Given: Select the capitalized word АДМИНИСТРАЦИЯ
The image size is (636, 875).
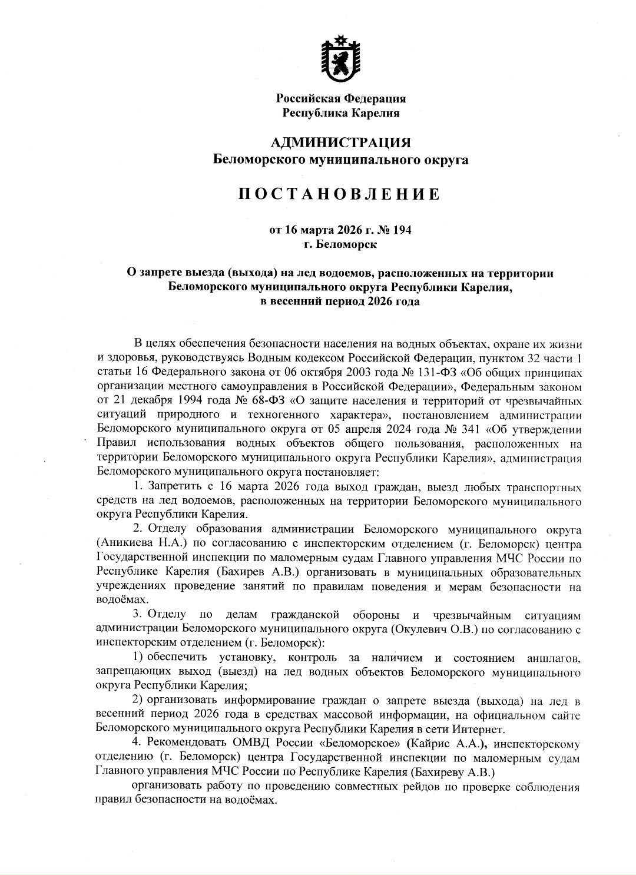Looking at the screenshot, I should [340, 143].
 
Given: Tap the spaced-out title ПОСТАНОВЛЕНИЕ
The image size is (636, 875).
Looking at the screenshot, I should [339, 194].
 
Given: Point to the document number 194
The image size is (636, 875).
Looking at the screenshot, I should [402, 230].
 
